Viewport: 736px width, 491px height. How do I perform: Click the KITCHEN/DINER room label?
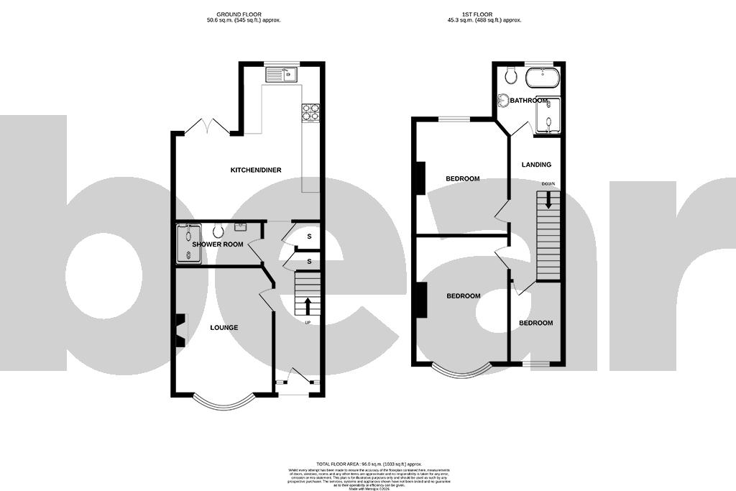pyautogui.click(x=255, y=170)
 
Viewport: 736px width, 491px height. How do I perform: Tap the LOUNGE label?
pyautogui.click(x=224, y=328)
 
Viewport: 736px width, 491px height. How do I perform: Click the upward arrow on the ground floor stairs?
pyautogui.click(x=308, y=306)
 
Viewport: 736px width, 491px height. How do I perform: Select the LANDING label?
pyautogui.click(x=536, y=165)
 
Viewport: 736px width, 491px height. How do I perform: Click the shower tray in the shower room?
pyautogui.click(x=189, y=244)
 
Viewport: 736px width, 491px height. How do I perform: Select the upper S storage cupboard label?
pyautogui.click(x=310, y=237)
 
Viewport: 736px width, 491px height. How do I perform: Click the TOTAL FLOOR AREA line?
pyautogui.click(x=367, y=465)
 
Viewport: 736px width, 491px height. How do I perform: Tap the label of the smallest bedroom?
pyautogui.click(x=536, y=323)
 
